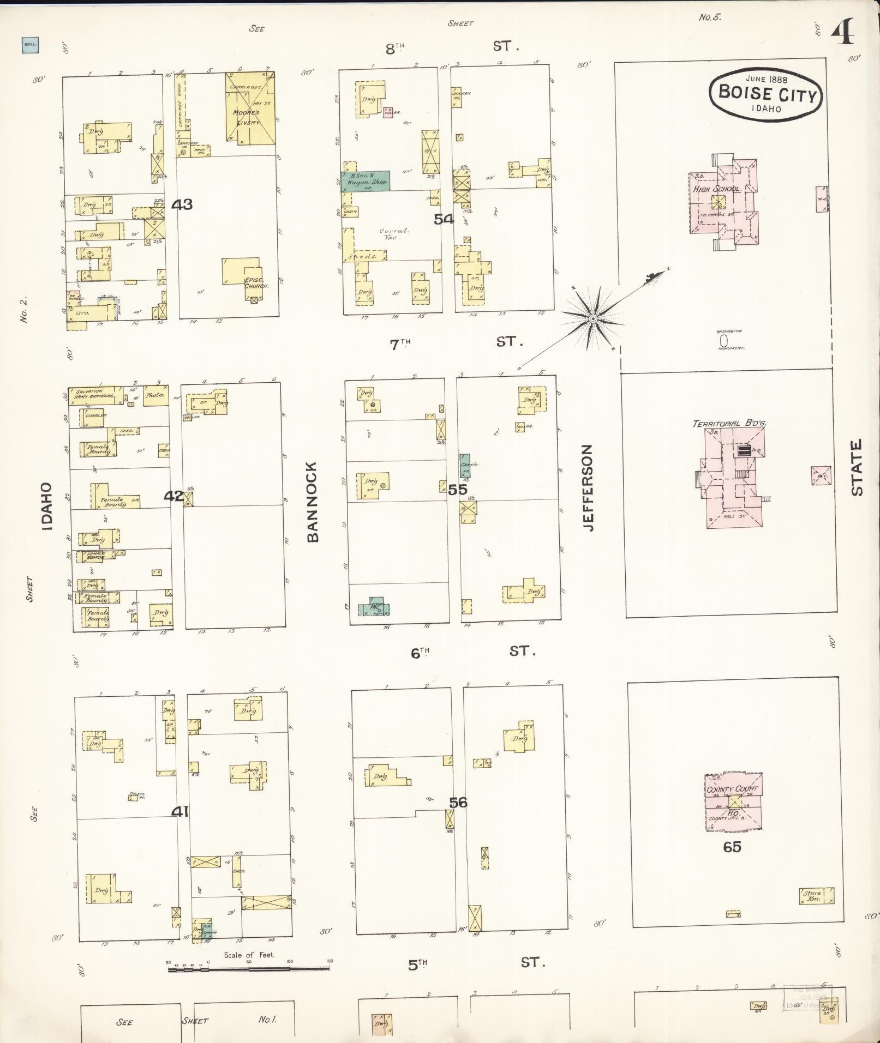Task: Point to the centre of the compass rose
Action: (592, 317)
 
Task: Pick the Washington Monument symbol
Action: (724, 341)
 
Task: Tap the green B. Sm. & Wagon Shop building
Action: (365, 181)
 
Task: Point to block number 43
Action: (182, 204)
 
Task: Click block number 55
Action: (458, 489)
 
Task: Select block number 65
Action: (732, 847)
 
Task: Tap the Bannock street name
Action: (312, 502)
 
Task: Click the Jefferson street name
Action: (587, 487)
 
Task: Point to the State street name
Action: (857, 467)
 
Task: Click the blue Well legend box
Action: (30, 45)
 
